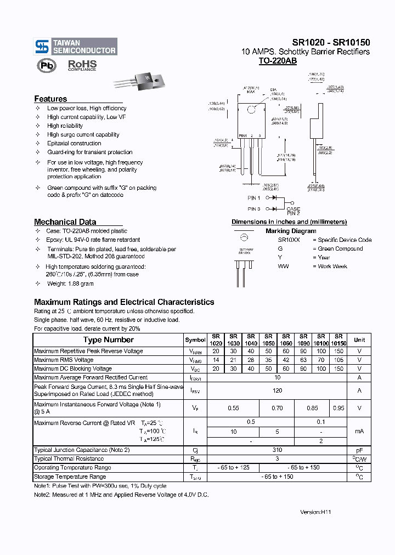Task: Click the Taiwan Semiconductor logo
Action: (76, 47)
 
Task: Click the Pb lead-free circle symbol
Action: (46, 66)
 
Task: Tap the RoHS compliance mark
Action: (82, 65)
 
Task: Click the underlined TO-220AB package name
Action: (278, 61)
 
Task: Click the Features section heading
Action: (50, 99)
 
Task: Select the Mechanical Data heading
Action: (65, 222)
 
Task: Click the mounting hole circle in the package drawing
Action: (252, 109)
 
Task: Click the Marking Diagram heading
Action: (291, 231)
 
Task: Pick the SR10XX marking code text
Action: (289, 240)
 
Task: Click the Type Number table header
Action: (108, 340)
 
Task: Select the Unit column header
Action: (359, 340)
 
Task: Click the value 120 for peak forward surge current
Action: (277, 390)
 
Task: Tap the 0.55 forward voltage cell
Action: (234, 408)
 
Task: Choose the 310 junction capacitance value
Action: (277, 450)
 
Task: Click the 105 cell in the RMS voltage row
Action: (338, 360)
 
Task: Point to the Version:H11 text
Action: (316, 511)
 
